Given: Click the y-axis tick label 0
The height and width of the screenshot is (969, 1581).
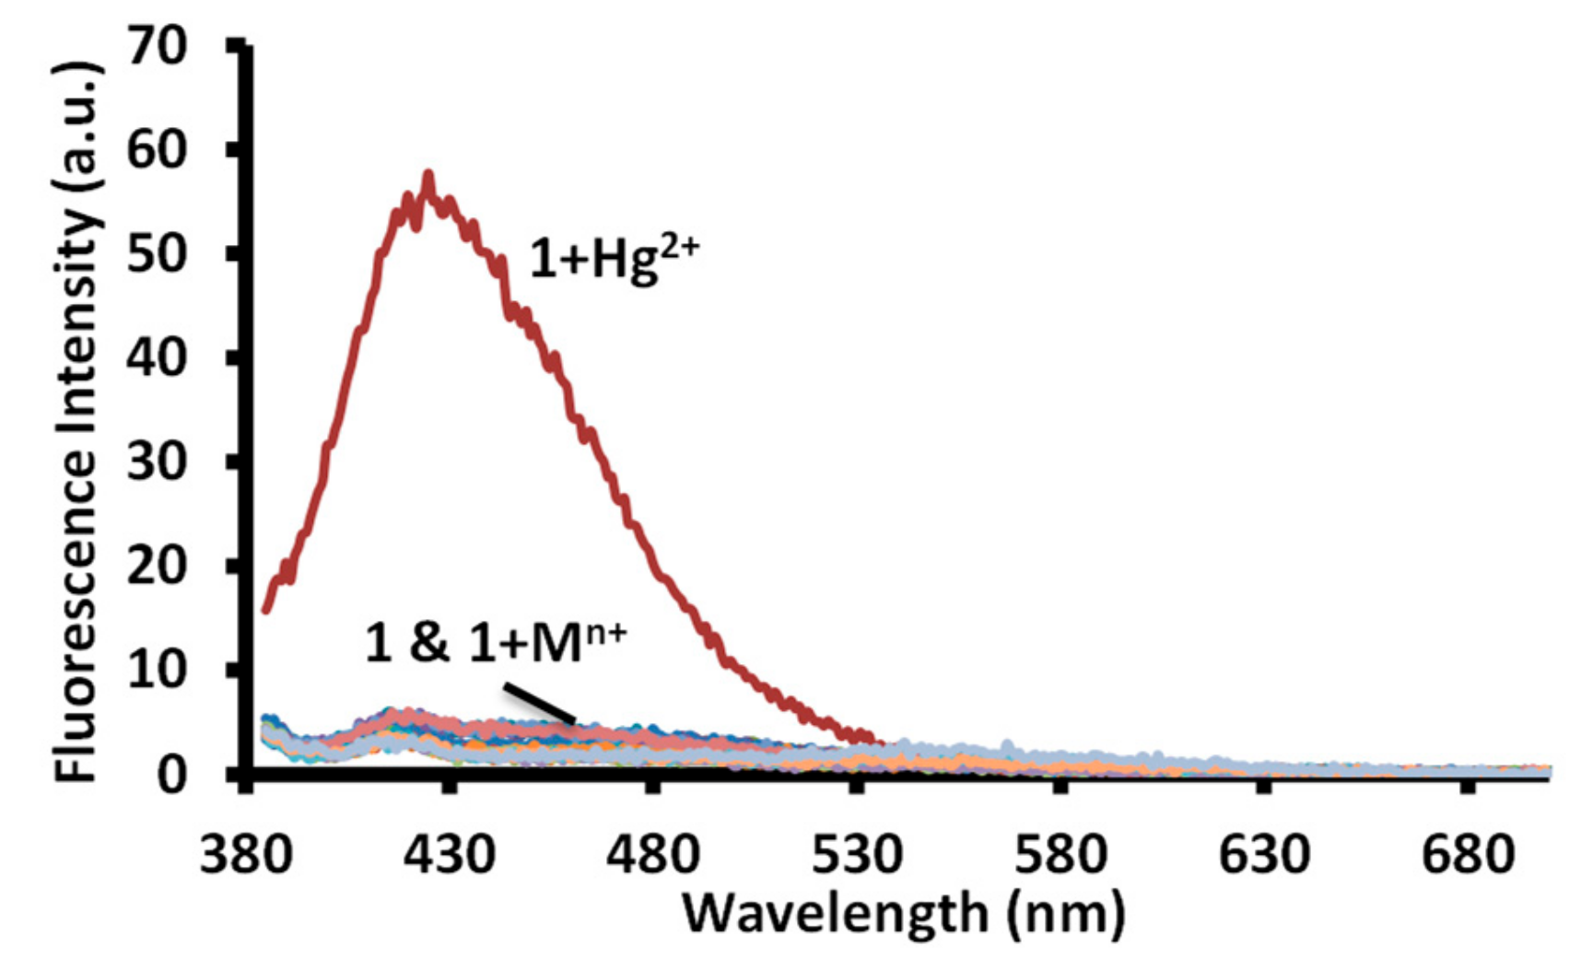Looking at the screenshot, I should (173, 774).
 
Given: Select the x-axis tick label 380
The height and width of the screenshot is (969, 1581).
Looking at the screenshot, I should (245, 855).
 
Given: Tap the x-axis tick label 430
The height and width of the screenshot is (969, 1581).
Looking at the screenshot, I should (449, 855).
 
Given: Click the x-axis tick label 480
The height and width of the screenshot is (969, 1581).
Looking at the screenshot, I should (652, 855).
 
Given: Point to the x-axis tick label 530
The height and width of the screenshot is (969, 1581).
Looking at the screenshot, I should (856, 855).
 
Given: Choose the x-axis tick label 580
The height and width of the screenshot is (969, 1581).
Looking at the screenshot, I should (1060, 855).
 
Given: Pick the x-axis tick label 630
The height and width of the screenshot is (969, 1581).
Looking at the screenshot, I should (1263, 855).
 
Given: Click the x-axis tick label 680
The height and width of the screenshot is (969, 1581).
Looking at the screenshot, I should (1467, 855).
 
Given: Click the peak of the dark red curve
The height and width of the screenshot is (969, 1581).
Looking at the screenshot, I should (427, 175).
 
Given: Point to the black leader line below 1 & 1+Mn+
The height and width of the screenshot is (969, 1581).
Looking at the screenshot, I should (540, 703).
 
